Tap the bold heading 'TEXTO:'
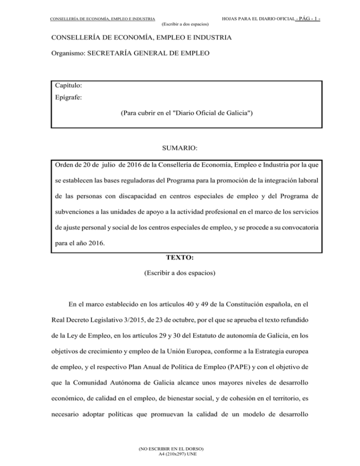[180, 257]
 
